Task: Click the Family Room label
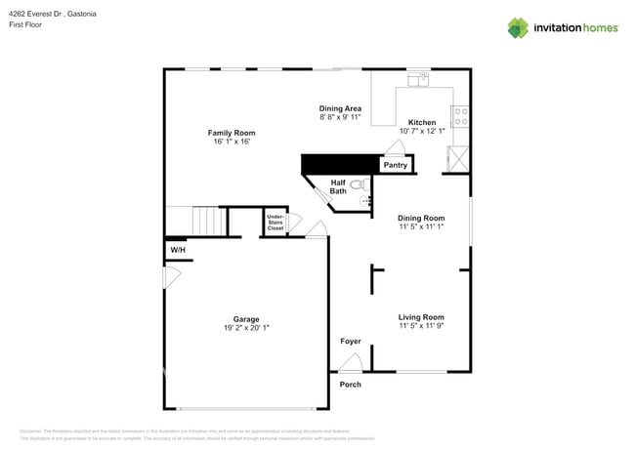pos(231,133)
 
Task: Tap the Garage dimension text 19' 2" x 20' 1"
pos(245,328)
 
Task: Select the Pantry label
pos(395,165)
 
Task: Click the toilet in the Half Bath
pos(357,184)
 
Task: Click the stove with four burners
pos(459,117)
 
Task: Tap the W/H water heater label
pos(178,251)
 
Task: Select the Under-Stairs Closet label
pos(275,223)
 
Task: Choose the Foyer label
pos(350,342)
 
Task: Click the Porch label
pos(350,385)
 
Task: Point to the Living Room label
pos(421,317)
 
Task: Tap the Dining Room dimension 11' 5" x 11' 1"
pos(421,226)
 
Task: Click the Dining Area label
pos(340,108)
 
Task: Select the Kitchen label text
pos(422,122)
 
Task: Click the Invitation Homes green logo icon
pos(518,27)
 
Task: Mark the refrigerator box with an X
pos(457,159)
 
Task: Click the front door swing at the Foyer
pos(350,362)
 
